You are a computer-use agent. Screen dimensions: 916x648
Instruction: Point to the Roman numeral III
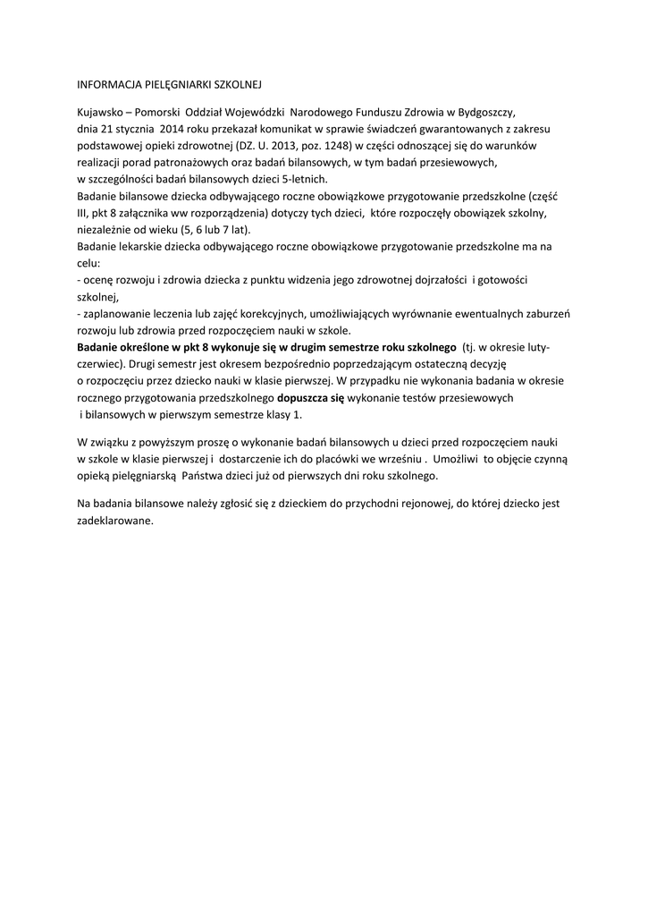[x=83, y=214]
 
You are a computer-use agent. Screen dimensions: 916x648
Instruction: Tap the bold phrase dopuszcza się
[x=311, y=396]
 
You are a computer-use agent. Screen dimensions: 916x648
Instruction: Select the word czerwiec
[x=98, y=364]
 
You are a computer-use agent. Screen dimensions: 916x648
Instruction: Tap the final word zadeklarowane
[x=115, y=520]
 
